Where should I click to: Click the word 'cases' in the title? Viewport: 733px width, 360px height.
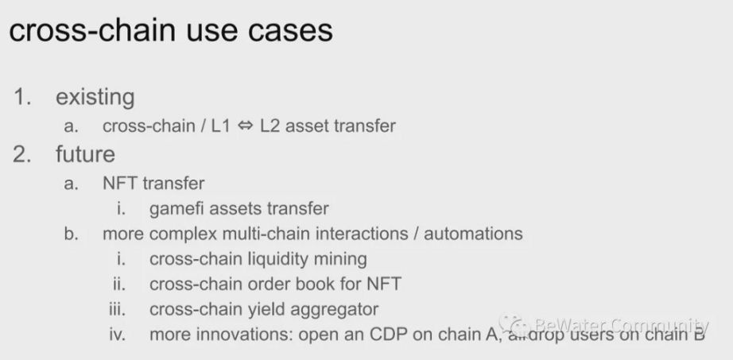click(290, 30)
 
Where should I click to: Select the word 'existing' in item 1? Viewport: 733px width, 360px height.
click(95, 97)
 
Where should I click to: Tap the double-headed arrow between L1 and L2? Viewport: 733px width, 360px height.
click(245, 126)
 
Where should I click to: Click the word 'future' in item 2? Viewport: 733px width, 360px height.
click(85, 154)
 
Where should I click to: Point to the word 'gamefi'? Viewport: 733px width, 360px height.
click(176, 208)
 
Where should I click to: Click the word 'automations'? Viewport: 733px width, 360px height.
click(473, 234)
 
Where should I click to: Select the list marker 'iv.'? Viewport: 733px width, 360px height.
click(118, 335)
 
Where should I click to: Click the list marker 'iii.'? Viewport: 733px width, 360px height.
click(118, 309)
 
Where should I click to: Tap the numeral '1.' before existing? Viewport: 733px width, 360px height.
click(22, 97)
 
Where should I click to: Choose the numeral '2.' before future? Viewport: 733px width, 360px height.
click(22, 154)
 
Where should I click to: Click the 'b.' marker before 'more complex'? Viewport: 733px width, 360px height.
click(72, 234)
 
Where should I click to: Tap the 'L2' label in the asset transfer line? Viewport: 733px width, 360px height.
click(270, 126)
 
